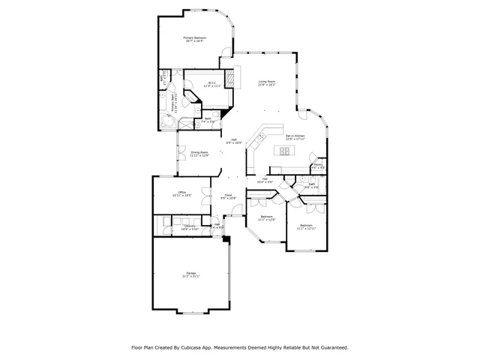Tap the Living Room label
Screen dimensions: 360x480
268,82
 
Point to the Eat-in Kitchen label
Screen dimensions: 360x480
295,137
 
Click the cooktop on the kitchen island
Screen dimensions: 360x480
285,151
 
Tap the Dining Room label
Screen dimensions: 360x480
199,154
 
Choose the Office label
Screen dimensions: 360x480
182,193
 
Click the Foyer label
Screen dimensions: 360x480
227,196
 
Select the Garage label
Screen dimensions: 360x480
190,274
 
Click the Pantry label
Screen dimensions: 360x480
318,166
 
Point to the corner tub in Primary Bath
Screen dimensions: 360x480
166,122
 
